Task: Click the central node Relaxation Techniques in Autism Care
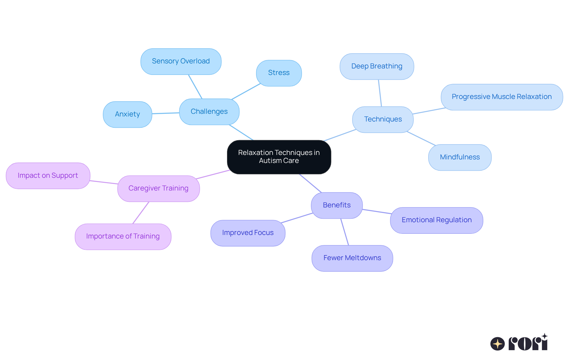point(279,157)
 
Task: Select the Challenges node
point(209,112)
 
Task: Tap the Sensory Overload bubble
point(181,61)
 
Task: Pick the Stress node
point(279,73)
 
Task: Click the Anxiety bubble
point(127,114)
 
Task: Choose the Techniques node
point(383,119)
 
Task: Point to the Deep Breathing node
point(377,66)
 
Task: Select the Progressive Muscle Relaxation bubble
point(501,97)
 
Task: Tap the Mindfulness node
point(460,157)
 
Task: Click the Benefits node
point(337,205)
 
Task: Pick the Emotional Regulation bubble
point(437,220)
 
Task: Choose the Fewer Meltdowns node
point(352,258)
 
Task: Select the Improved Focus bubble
point(248,233)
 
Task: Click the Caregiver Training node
point(159,188)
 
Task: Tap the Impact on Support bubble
point(48,176)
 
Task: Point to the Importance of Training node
point(123,236)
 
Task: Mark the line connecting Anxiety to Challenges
point(166,113)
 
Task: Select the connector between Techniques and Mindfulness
point(421,138)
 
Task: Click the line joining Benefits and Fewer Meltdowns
point(345,232)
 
